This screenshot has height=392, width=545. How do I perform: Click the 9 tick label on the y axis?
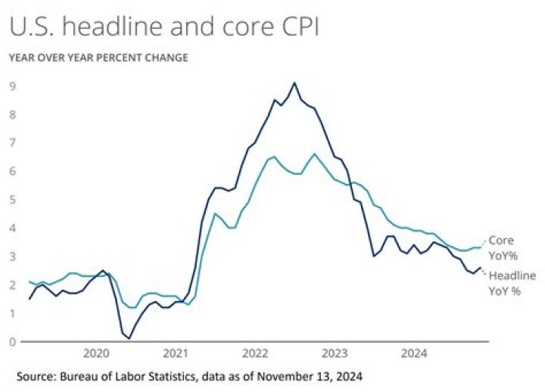coord(13,86)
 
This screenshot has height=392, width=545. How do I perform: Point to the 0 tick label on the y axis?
coord(13,342)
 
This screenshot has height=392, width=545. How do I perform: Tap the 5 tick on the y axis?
coord(13,200)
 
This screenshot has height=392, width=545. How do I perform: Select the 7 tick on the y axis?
coord(13,143)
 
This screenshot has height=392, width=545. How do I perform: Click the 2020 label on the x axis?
coord(96,353)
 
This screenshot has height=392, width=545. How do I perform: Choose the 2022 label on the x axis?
coord(255,353)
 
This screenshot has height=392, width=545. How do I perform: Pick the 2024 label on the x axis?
coord(414,353)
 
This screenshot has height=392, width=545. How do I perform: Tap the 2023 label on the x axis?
coord(335,353)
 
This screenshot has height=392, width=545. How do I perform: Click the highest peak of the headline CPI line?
coord(294,82)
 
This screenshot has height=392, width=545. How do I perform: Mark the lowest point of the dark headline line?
coord(129,338)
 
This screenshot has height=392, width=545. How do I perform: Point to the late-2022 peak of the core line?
coord(315,154)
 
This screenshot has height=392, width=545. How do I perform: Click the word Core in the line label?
coord(501,241)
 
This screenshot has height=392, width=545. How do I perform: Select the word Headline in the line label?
coord(512,275)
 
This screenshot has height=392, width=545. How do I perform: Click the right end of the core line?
coord(481,247)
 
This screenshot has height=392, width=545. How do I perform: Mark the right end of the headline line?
coord(481,268)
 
